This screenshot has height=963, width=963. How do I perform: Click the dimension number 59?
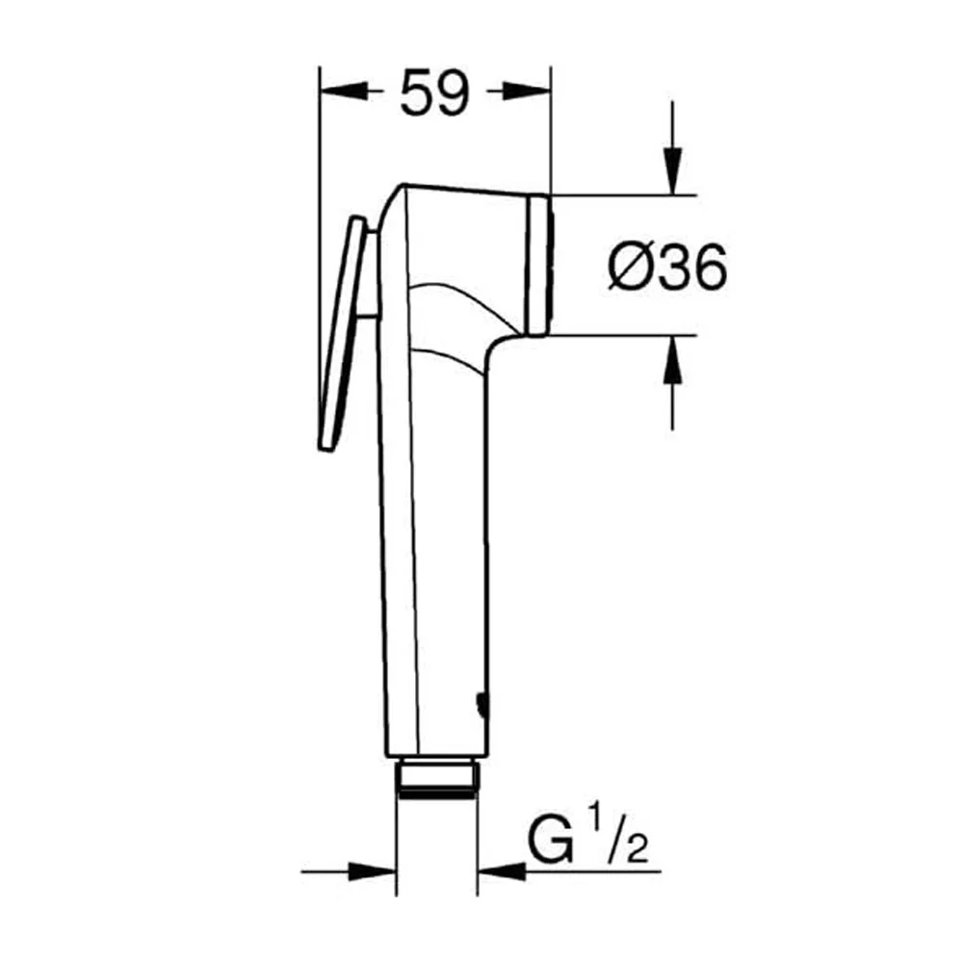tap(435, 92)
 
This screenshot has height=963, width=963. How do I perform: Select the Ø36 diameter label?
tap(667, 267)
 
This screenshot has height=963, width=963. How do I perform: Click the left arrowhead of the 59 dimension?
tap(344, 91)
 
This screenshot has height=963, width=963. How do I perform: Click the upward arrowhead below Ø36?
tap(673, 360)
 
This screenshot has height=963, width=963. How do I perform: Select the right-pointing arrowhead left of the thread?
tap(372, 871)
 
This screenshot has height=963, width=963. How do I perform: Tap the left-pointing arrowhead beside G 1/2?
tap(502, 871)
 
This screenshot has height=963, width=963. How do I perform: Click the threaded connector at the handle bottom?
tap(437, 778)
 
